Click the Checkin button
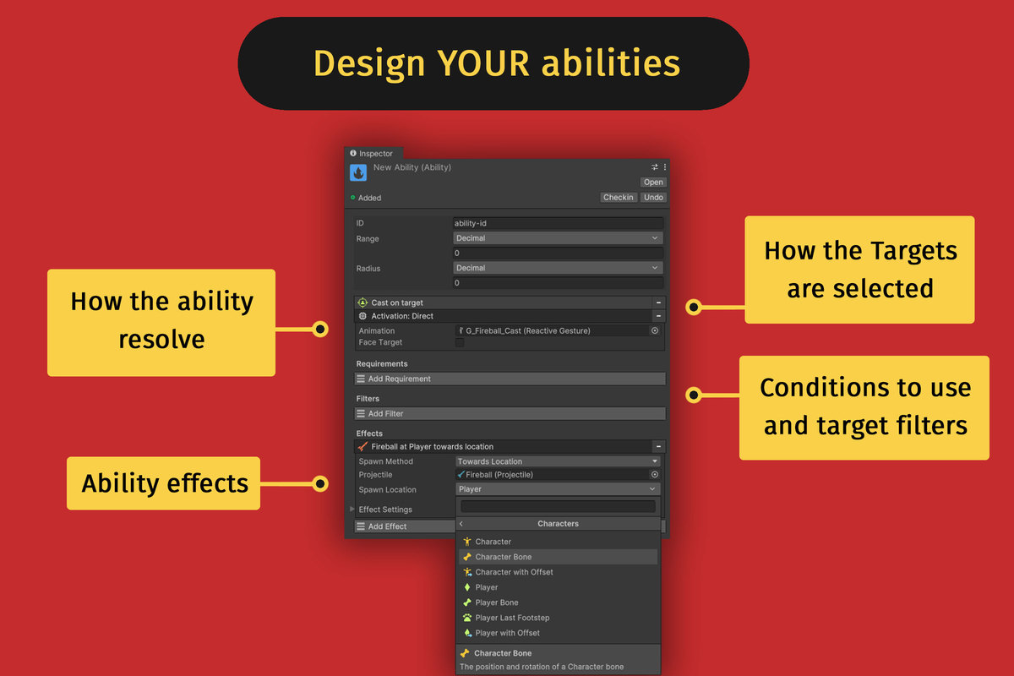pos(619,198)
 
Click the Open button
pos(653,182)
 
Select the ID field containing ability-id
pos(558,223)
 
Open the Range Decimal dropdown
pos(558,238)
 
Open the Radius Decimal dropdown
pos(558,268)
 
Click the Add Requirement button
pos(510,379)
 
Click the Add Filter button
pos(510,413)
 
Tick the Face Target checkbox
pos(460,343)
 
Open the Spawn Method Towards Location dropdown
pos(558,461)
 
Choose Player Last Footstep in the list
pos(512,618)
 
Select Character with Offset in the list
pos(514,572)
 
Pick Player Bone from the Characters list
pos(497,602)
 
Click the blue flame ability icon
pos(358,172)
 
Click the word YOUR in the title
pos(483,63)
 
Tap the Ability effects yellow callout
pos(163,483)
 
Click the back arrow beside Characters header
pos(461,524)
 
